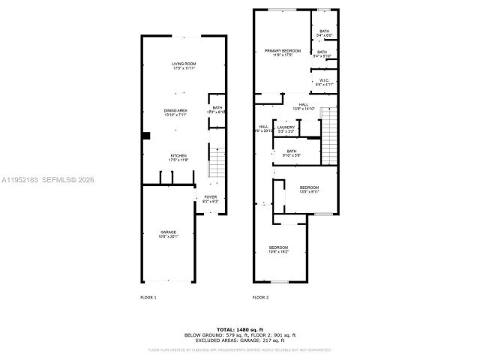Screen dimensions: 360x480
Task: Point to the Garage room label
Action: tap(167, 234)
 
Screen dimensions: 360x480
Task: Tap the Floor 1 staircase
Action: tap(215, 160)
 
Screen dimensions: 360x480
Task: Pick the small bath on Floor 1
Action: tap(217, 110)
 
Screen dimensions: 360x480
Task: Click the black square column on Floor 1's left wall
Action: tap(147, 136)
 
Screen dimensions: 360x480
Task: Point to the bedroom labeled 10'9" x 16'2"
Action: tap(279, 250)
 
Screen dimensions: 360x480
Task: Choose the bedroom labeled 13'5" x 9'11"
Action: tap(309, 189)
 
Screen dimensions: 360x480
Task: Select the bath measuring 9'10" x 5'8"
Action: tap(292, 153)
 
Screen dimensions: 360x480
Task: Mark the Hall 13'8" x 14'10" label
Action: tap(304, 106)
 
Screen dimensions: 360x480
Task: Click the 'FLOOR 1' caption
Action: tap(148, 298)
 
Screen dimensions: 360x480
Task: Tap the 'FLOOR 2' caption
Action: tap(260, 298)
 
